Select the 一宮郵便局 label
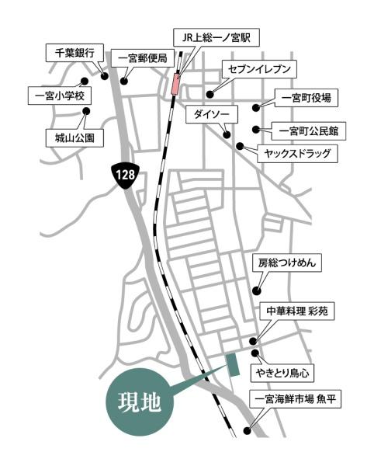142,57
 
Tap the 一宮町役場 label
306,98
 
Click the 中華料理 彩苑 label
297,311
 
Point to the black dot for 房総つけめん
255,290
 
